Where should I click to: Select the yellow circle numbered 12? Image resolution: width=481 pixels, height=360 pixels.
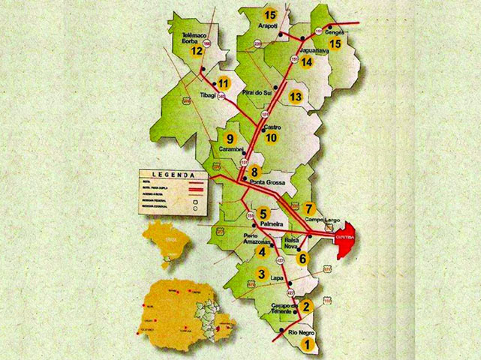pos(197,51)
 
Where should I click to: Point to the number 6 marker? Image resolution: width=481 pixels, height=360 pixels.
pos(302,259)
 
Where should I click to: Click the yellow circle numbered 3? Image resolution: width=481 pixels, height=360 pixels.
pos(261,274)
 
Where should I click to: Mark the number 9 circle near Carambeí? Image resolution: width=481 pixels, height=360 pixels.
pos(230,139)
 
